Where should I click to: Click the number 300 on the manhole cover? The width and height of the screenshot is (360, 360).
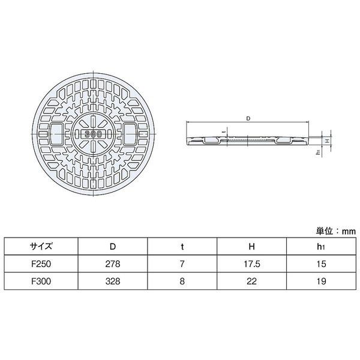pos(93,134)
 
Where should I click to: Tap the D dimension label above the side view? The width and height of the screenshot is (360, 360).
pos(248,118)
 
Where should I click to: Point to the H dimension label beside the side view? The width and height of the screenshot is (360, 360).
pos(328,140)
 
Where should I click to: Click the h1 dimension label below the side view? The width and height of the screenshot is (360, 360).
pos(318,152)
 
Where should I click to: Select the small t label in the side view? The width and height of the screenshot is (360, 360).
pos(225,131)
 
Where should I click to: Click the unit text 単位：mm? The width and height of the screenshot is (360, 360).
pos(335,231)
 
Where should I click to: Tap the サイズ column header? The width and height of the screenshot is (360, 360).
pos(41,247)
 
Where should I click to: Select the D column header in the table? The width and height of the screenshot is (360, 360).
pos(113,247)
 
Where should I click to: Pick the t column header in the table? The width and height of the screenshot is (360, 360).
pos(182,247)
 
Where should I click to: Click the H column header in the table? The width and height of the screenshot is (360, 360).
pos(251,247)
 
